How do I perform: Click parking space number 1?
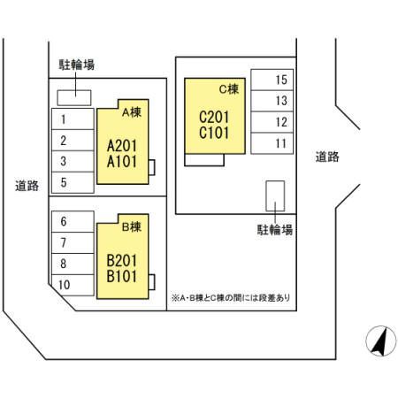73,119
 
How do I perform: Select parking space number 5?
73,182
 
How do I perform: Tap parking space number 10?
73,285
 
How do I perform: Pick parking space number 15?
272,80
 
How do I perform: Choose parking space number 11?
272,143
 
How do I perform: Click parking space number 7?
73,242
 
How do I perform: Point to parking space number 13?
272,101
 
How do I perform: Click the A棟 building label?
132,112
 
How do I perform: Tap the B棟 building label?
132,226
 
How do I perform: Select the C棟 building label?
228,89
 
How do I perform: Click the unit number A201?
122,146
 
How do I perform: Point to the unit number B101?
122,276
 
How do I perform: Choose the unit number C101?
214,133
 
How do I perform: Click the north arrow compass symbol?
381,341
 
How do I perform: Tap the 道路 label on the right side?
327,157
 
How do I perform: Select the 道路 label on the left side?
27,186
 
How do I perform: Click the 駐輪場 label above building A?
77,65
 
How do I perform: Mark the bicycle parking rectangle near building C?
275,196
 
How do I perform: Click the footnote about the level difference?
231,298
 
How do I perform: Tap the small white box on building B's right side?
152,282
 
